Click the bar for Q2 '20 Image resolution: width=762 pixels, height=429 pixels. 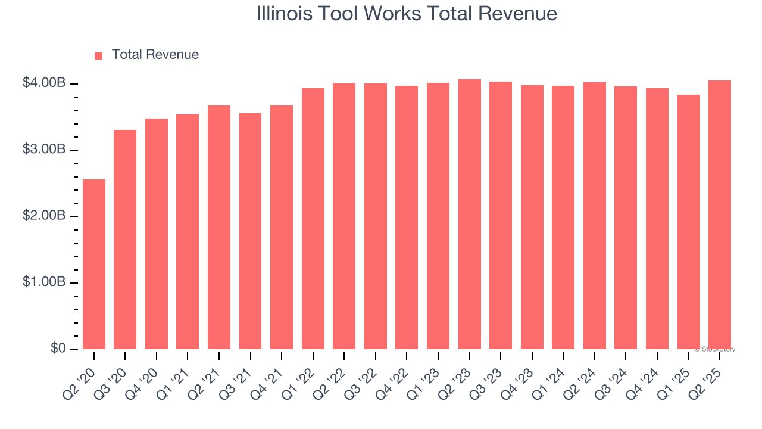(x=94, y=264)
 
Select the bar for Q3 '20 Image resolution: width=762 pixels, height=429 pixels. (x=125, y=239)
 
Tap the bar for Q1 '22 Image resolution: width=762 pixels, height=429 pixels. (x=313, y=219)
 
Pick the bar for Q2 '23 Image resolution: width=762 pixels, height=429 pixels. (x=469, y=214)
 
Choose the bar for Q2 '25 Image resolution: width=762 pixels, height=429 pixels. (x=720, y=214)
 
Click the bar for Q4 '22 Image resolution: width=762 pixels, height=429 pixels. (x=407, y=217)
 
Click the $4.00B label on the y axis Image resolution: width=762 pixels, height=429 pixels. (x=44, y=83)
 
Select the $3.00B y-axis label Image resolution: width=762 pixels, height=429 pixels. (x=44, y=150)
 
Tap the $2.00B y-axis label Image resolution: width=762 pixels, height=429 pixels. (x=44, y=216)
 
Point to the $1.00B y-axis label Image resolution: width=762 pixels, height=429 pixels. (x=44, y=282)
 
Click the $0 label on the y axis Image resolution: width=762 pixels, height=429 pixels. (x=57, y=349)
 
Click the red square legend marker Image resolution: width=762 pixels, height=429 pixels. (x=99, y=55)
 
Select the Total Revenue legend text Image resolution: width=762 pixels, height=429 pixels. (x=155, y=55)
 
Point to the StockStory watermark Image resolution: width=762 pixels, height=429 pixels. (x=715, y=349)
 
